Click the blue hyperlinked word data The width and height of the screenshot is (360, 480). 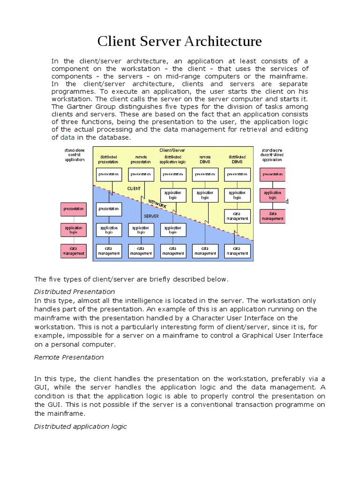(x=67, y=137)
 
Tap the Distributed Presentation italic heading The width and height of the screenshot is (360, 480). (x=75, y=292)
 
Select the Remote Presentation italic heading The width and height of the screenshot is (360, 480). (x=69, y=357)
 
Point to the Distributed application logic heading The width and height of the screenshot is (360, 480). (x=80, y=427)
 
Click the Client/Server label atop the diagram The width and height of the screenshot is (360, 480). (x=173, y=150)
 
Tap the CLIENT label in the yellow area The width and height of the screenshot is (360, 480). (x=134, y=188)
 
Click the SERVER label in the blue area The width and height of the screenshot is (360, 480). (x=151, y=216)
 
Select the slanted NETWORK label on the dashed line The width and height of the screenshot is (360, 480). (x=157, y=203)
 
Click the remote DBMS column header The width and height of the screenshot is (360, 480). (x=205, y=159)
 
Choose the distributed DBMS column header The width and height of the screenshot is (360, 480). (x=237, y=159)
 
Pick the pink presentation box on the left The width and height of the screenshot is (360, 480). (x=73, y=208)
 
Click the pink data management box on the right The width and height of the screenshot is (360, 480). (x=272, y=216)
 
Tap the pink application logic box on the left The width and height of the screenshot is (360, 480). (x=73, y=229)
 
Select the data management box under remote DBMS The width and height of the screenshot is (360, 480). (x=205, y=251)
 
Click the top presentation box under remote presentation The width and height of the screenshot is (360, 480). (x=141, y=174)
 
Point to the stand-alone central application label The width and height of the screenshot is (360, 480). (x=75, y=154)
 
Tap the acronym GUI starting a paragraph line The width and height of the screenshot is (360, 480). (x=42, y=387)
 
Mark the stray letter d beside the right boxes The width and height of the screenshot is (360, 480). (x=287, y=201)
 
